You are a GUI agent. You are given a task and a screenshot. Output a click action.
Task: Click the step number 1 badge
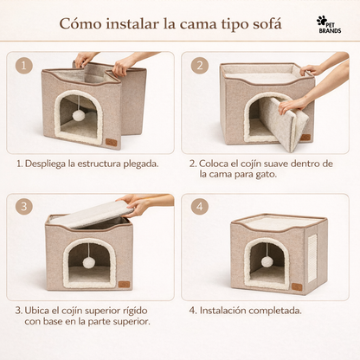pyautogui.click(x=25, y=66)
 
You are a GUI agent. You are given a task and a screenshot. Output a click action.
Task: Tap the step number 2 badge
pyautogui.click(x=201, y=66)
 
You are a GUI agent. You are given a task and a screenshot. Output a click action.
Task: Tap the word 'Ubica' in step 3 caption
pyautogui.click(x=46, y=310)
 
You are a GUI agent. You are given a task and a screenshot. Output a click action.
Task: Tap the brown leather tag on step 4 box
pyautogui.click(x=297, y=285)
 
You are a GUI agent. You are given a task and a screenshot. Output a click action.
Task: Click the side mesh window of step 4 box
pyautogui.click(x=312, y=256)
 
